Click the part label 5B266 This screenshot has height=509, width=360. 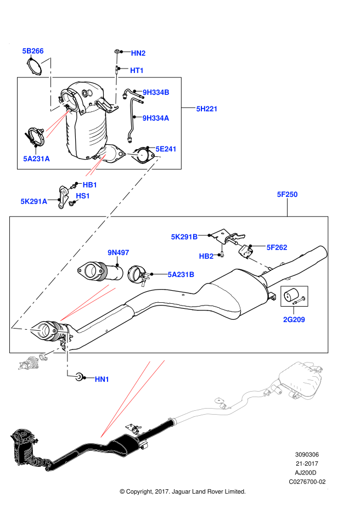click(33, 51)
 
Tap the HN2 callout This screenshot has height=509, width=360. click(138, 53)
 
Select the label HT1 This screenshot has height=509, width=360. click(137, 70)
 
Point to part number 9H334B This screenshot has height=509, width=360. click(156, 92)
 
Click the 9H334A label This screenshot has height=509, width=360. click(156, 118)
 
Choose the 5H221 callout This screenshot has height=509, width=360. click(207, 109)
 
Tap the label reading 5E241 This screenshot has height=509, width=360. click(166, 149)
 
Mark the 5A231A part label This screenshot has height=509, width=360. click(36, 159)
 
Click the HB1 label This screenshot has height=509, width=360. click(90, 185)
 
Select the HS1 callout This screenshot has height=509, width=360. click(83, 196)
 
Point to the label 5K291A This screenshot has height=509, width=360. click(34, 201)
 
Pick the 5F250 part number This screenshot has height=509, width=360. click(287, 194)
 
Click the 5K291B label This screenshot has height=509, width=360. click(184, 237)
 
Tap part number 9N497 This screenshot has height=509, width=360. click(119, 252)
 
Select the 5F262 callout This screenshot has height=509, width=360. click(277, 247)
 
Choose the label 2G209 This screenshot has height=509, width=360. click(294, 319)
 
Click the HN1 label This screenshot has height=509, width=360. click(102, 379)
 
